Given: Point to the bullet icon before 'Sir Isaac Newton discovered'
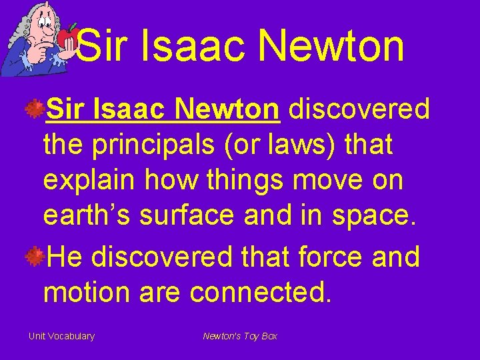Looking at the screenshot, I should (35, 108).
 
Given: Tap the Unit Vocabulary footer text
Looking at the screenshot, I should (61, 336).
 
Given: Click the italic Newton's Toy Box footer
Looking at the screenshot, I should (240, 336).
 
